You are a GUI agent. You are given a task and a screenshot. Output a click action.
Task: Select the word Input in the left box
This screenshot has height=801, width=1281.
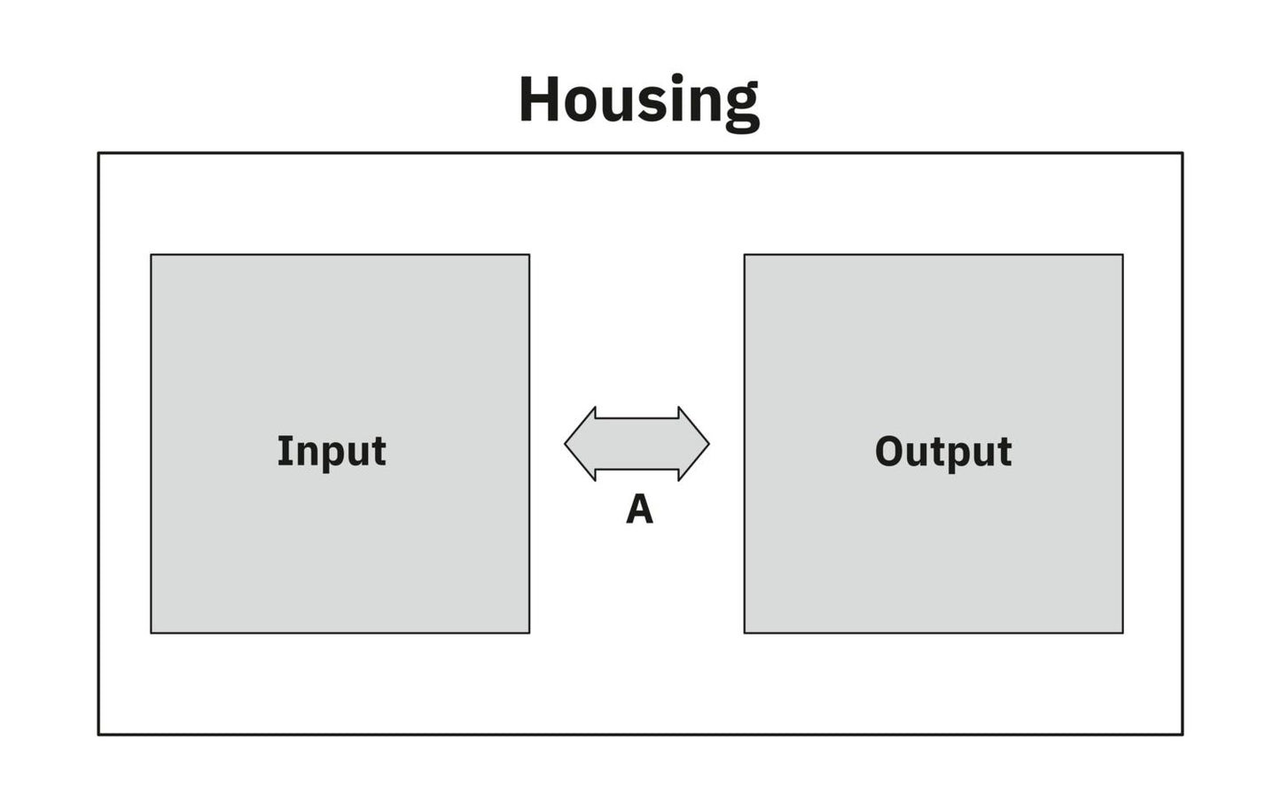(x=332, y=452)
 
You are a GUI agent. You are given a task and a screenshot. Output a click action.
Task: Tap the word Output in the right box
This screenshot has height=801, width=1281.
(x=943, y=452)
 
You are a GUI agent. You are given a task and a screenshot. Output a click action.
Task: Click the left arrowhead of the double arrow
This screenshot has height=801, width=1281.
(x=580, y=444)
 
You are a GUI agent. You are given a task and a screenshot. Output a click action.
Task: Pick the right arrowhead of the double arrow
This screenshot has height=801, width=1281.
(x=694, y=444)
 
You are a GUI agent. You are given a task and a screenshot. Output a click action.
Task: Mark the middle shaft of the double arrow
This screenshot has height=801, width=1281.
(x=637, y=444)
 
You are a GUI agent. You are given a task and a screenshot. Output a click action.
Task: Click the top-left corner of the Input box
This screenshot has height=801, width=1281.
(x=151, y=255)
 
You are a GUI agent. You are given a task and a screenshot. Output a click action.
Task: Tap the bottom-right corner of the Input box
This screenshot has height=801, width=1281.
(x=529, y=633)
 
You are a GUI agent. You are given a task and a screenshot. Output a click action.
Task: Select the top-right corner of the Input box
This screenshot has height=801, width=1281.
(x=529, y=255)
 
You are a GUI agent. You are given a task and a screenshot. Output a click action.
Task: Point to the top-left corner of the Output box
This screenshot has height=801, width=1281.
(x=745, y=255)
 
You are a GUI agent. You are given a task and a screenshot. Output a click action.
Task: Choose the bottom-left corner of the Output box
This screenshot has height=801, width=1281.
(x=745, y=633)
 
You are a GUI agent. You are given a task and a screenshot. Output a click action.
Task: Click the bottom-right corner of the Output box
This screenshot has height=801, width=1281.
(x=1123, y=633)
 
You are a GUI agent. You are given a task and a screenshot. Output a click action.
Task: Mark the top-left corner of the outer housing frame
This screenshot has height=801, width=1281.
(x=98, y=153)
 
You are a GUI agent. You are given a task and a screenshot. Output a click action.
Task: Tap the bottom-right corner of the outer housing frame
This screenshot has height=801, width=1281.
(x=1183, y=735)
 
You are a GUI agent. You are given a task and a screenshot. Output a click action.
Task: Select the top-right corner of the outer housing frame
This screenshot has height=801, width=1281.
(x=1183, y=153)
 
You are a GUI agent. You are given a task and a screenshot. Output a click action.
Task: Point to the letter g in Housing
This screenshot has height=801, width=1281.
(x=742, y=110)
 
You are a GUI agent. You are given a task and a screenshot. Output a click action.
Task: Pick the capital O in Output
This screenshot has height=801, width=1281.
(x=889, y=452)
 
